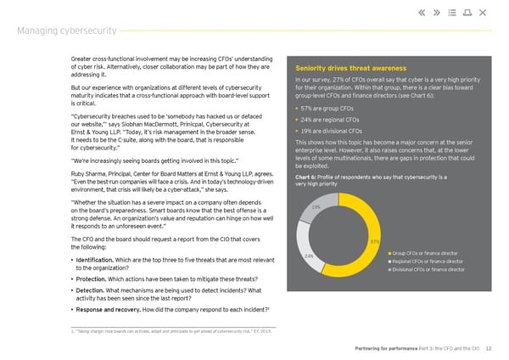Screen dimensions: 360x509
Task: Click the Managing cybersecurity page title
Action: pos(69,31)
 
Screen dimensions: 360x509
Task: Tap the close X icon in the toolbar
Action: pos(482,12)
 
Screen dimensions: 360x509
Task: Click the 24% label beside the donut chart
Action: pos(309,256)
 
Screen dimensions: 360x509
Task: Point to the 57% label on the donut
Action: pos(375,242)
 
